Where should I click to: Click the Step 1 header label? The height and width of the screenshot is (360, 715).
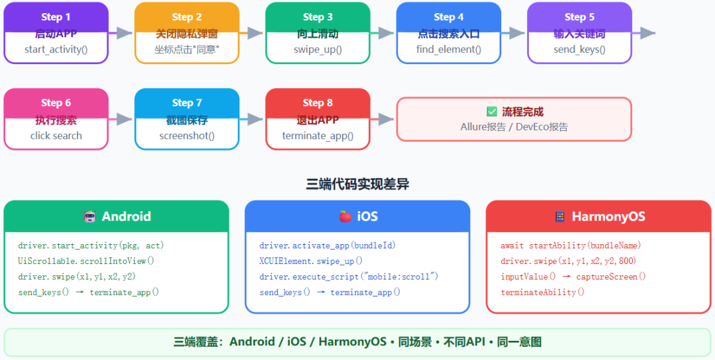56,17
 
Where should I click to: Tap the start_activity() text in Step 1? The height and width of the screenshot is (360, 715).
56,49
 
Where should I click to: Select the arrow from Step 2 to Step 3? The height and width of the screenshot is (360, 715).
252,33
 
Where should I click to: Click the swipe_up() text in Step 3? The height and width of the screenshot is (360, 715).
318,49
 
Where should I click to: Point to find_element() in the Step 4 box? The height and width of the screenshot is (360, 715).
449,49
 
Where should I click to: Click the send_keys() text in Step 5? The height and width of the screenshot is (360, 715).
579,49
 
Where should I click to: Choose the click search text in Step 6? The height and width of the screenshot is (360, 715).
56,136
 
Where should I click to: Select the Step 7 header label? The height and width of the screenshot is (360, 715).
187,103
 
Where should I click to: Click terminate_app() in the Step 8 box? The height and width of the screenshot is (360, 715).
318,136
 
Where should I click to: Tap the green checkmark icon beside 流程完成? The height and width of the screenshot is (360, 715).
492,112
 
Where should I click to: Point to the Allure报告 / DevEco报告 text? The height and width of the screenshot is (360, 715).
514,127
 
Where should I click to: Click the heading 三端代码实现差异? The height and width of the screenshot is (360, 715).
358,184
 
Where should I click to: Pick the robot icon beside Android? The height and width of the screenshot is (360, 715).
90,216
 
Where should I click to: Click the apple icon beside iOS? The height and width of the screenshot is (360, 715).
345,216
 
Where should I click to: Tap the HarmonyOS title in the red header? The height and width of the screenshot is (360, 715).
608,216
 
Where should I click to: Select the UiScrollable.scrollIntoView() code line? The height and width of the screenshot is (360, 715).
87,261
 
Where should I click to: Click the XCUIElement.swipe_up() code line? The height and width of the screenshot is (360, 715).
311,261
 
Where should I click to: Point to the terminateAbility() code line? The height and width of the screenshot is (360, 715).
543,292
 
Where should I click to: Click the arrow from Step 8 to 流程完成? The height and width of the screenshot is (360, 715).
382,119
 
